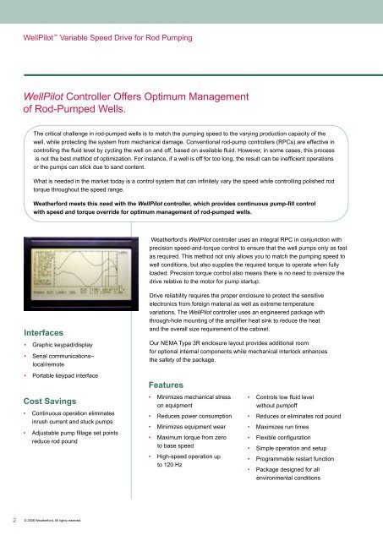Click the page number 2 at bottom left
(x=7, y=521)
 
